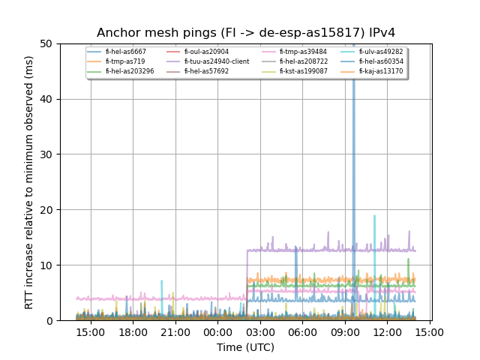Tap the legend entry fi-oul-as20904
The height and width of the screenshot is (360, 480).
pos(204,52)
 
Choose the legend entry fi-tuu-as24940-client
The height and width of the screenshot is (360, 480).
pos(217,61)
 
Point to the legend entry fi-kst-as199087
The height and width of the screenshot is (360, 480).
pos(301,71)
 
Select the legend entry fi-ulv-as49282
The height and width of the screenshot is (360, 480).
pos(380,52)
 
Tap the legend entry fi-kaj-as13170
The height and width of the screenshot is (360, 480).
pos(380,71)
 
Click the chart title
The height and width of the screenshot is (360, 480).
pos(246,33)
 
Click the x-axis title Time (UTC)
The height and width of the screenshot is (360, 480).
pos(246,347)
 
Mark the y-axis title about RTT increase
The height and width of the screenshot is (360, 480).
pos(29,182)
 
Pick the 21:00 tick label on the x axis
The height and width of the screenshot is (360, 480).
pos(175,331)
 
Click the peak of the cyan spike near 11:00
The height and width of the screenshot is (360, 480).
pos(374,216)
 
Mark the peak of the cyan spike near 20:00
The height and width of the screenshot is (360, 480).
pos(161,281)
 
